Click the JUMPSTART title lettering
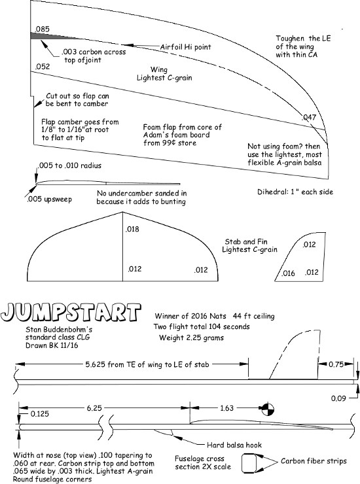(71, 313)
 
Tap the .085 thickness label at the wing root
(42, 29)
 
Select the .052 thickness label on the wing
(43, 67)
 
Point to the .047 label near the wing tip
(309, 117)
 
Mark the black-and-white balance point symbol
(268, 409)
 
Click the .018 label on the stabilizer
(132, 229)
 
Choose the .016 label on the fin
(288, 273)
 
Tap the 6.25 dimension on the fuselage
(94, 408)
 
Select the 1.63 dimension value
(226, 408)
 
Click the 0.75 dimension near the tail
(336, 364)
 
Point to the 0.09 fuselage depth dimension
(338, 398)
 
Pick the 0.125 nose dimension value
(39, 414)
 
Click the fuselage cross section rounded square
(249, 462)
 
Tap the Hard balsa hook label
(234, 445)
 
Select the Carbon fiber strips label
(314, 461)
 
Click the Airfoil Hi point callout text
(185, 47)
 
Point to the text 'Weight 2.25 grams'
(191, 337)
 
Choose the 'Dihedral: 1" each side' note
(295, 192)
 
